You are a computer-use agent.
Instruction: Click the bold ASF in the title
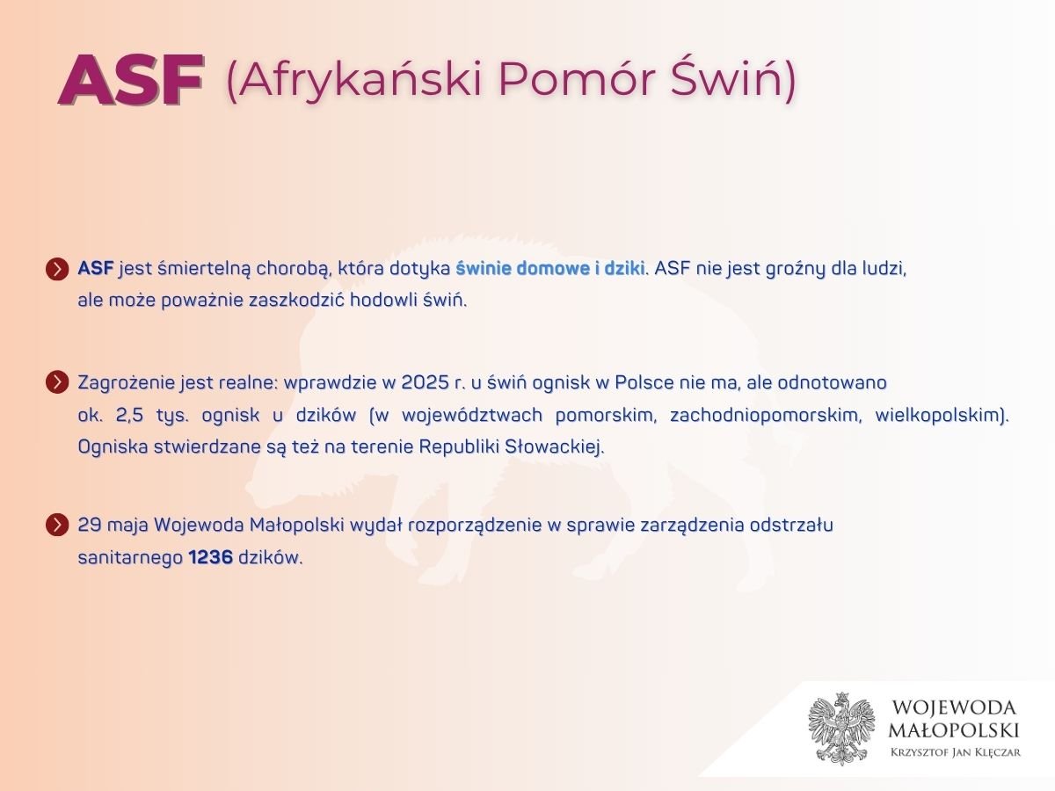131,79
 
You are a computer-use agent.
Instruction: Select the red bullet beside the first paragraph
57,269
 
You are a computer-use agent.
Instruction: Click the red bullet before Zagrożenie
57,383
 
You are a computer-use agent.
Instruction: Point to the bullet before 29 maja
57,525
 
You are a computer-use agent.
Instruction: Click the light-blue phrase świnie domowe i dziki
549,268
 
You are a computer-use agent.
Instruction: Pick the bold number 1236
210,557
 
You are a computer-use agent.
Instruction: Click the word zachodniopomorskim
765,415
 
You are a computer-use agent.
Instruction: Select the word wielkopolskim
940,415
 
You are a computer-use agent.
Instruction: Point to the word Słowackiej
554,447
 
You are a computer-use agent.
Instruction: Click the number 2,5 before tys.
130,415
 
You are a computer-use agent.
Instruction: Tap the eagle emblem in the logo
841,728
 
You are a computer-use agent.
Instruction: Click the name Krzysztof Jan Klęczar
956,752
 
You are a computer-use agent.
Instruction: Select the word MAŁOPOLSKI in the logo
954,730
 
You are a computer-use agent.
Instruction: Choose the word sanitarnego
130,558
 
